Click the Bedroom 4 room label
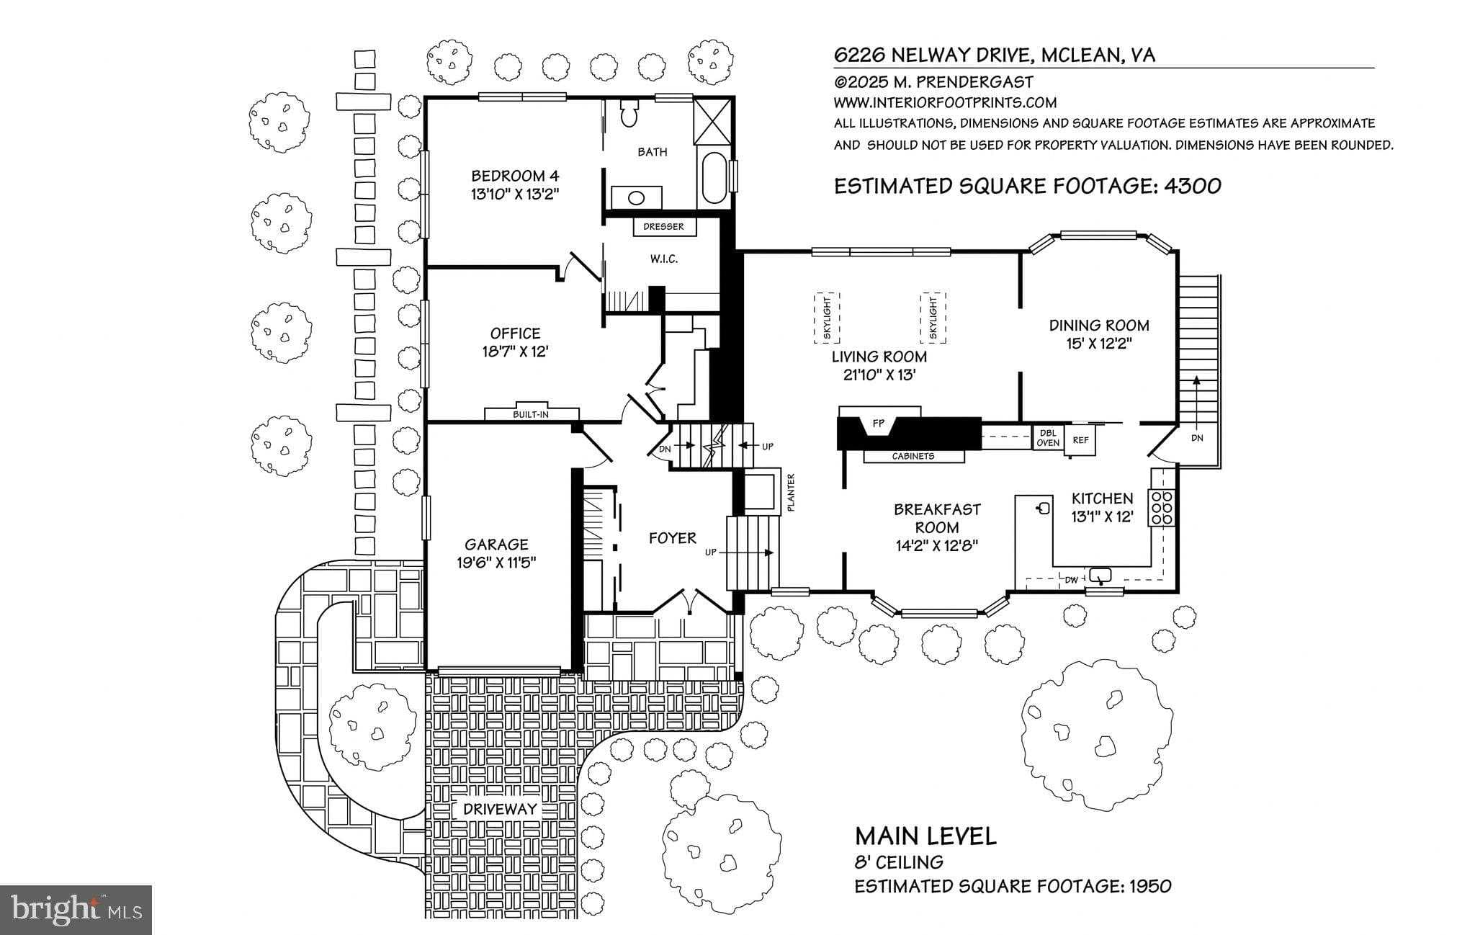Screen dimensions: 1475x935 (515, 176)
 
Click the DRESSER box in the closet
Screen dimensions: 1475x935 (664, 227)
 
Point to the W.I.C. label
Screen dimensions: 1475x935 (664, 259)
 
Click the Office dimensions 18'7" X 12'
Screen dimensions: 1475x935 (515, 352)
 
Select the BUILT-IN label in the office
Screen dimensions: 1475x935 (531, 415)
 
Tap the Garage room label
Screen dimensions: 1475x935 (496, 545)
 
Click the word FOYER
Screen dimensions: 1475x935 (673, 538)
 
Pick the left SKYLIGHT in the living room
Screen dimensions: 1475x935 (828, 318)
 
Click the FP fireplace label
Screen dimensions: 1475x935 (878, 424)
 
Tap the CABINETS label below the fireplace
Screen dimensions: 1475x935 (913, 456)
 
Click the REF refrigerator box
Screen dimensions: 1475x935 (1080, 440)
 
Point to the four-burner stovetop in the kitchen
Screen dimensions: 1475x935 (1162, 506)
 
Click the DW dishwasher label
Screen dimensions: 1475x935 (1072, 579)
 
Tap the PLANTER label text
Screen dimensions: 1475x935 (791, 493)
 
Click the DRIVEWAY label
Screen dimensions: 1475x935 (501, 809)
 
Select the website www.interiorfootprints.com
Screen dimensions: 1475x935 (945, 103)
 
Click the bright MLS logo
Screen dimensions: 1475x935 (76, 909)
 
